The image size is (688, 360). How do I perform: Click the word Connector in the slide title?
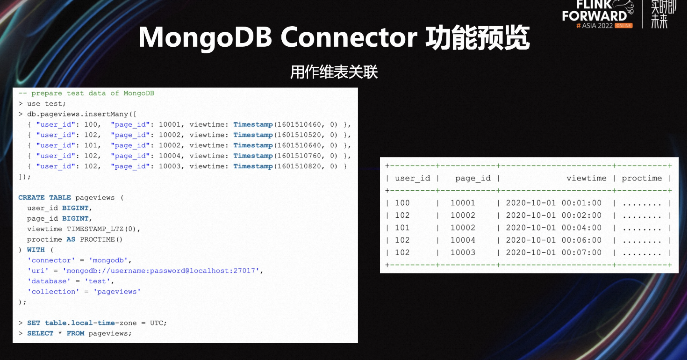(349, 37)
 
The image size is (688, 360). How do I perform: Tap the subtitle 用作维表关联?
(334, 72)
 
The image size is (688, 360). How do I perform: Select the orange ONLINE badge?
(623, 26)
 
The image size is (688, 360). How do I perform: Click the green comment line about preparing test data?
(86, 93)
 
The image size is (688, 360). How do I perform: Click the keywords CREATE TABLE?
(44, 197)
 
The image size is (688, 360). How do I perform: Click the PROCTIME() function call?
(101, 239)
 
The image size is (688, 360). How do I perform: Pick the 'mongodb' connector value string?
(108, 260)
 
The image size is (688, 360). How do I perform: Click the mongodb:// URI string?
(161, 271)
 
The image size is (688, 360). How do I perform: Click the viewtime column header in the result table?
(586, 178)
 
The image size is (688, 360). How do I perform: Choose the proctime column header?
(642, 178)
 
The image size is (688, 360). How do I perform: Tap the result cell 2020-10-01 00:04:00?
(553, 228)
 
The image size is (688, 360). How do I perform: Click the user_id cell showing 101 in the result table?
(402, 228)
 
